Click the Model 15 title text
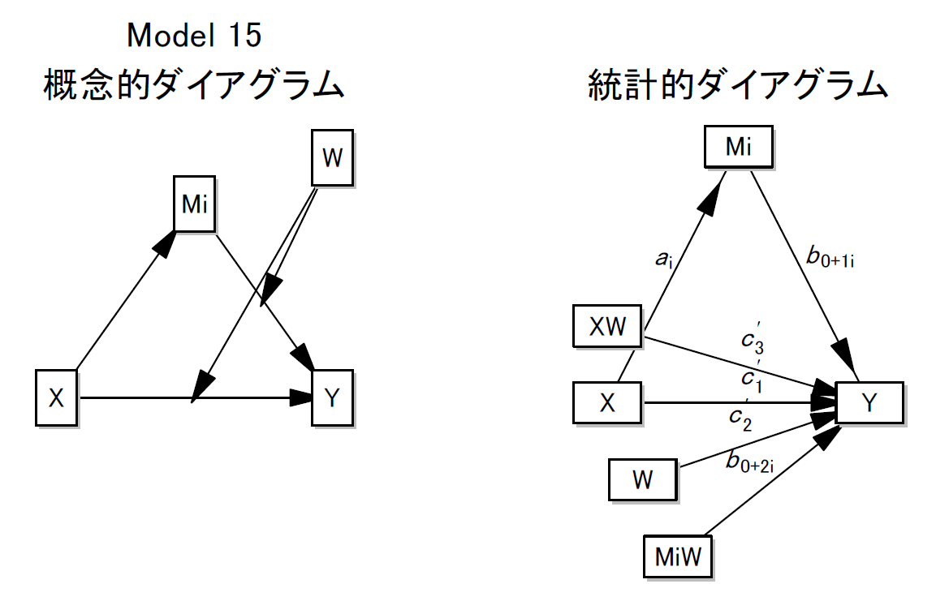195,35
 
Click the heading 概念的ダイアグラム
194,84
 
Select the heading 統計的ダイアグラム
737,84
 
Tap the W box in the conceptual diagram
333,158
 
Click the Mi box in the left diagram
195,204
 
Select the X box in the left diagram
56,397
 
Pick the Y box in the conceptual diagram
333,397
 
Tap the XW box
607,327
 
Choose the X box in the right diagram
607,403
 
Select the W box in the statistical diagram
642,479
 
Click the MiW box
677,556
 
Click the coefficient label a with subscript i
664,260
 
